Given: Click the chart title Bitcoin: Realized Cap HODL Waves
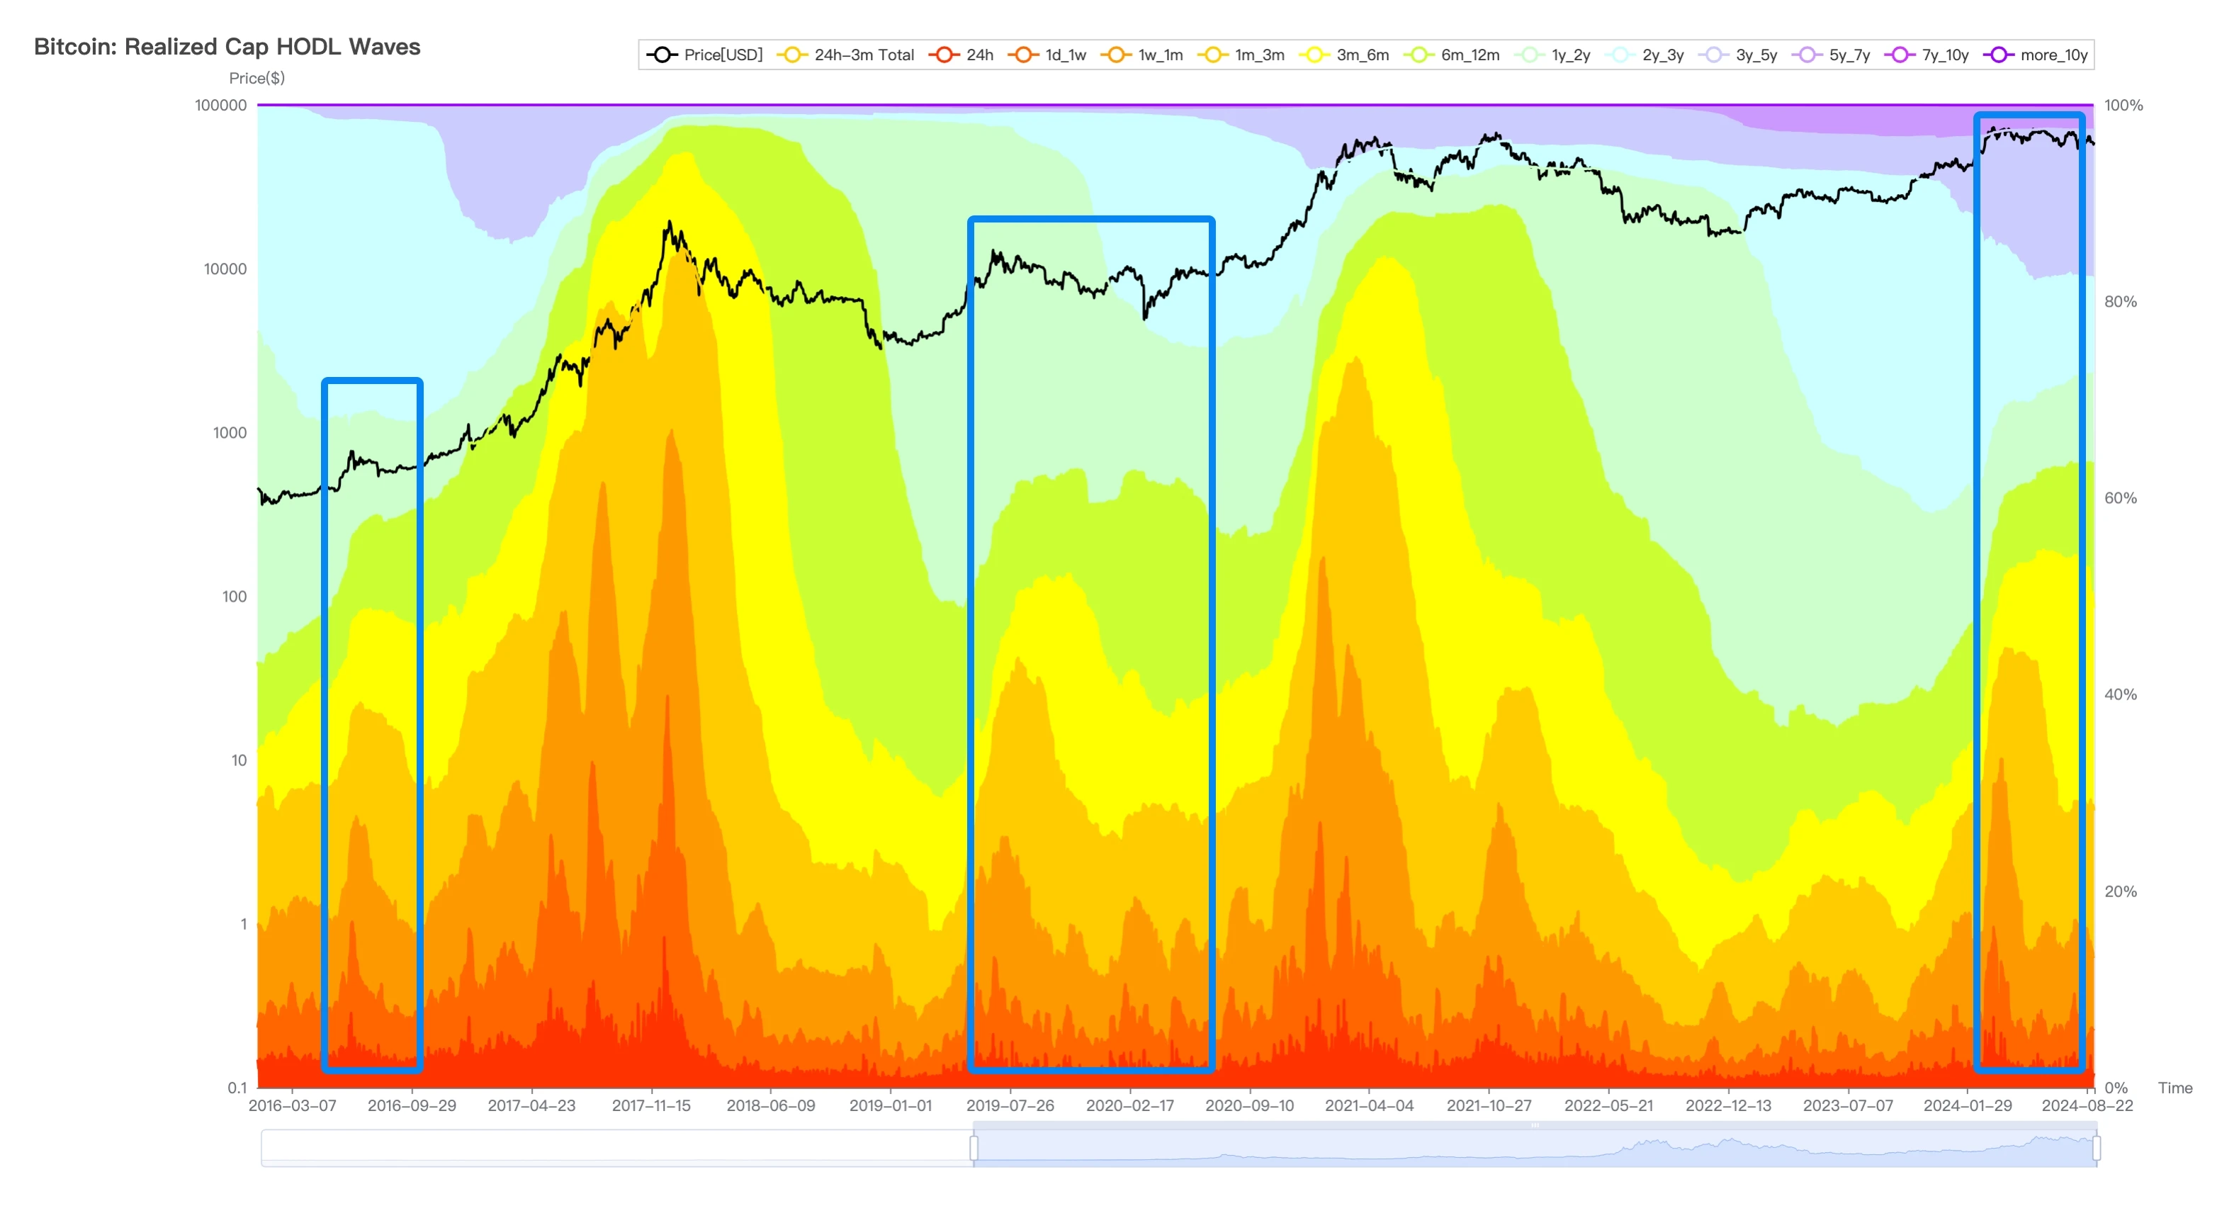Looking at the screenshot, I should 227,47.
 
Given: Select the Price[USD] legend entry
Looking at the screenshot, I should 705,55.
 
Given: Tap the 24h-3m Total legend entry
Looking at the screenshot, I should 846,55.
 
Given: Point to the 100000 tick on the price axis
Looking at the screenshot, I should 221,105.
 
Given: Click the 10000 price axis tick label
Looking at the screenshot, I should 225,269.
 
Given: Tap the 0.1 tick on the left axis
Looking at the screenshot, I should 237,1088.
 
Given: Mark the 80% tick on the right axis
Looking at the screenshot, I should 2120,302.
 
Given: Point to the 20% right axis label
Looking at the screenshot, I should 2120,891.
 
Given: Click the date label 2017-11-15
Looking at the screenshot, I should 651,1106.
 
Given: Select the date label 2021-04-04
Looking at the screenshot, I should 1369,1106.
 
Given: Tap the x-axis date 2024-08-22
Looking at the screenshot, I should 2087,1106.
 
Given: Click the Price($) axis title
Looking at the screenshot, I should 256,78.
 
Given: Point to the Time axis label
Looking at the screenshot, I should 2175,1088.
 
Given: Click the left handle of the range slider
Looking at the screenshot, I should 974,1148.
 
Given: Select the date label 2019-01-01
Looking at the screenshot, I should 890,1106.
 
